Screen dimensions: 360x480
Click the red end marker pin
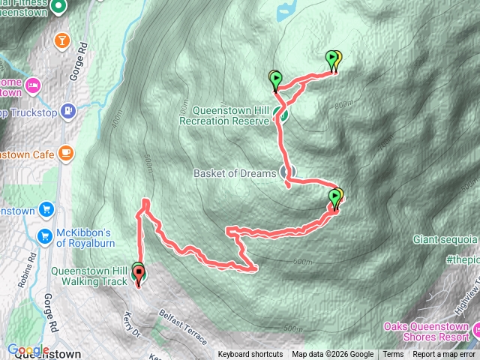pos(139,277)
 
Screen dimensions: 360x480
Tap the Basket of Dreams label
pos(235,174)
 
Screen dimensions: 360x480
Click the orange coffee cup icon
pos(67,153)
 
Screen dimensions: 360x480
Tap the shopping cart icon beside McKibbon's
pos(46,235)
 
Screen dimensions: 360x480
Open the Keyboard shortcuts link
pos(250,355)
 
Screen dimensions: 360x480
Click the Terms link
pos(393,355)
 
